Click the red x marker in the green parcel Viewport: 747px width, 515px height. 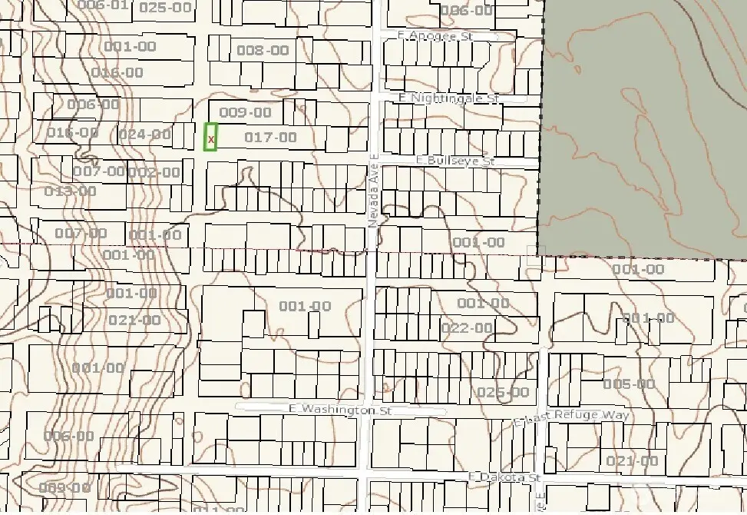[x=211, y=139]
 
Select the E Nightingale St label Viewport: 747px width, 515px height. [x=450, y=98]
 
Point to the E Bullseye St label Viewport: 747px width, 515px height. [x=456, y=161]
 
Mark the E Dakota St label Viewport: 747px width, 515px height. [x=504, y=477]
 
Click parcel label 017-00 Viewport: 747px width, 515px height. [x=269, y=138]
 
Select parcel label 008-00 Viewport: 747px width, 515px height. [x=263, y=51]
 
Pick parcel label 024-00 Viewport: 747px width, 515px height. [x=145, y=135]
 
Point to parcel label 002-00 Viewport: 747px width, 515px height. [x=154, y=171]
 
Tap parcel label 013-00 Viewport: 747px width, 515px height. [x=71, y=191]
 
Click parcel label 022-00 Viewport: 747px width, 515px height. [x=466, y=328]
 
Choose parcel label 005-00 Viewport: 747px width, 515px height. [x=629, y=384]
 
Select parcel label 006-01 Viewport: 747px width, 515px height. [x=103, y=5]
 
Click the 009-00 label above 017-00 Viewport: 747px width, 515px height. [x=246, y=112]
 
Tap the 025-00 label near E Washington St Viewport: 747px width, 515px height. [x=503, y=392]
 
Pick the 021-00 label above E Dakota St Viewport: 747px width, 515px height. [x=632, y=460]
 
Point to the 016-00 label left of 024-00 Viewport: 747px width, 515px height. [x=72, y=132]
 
